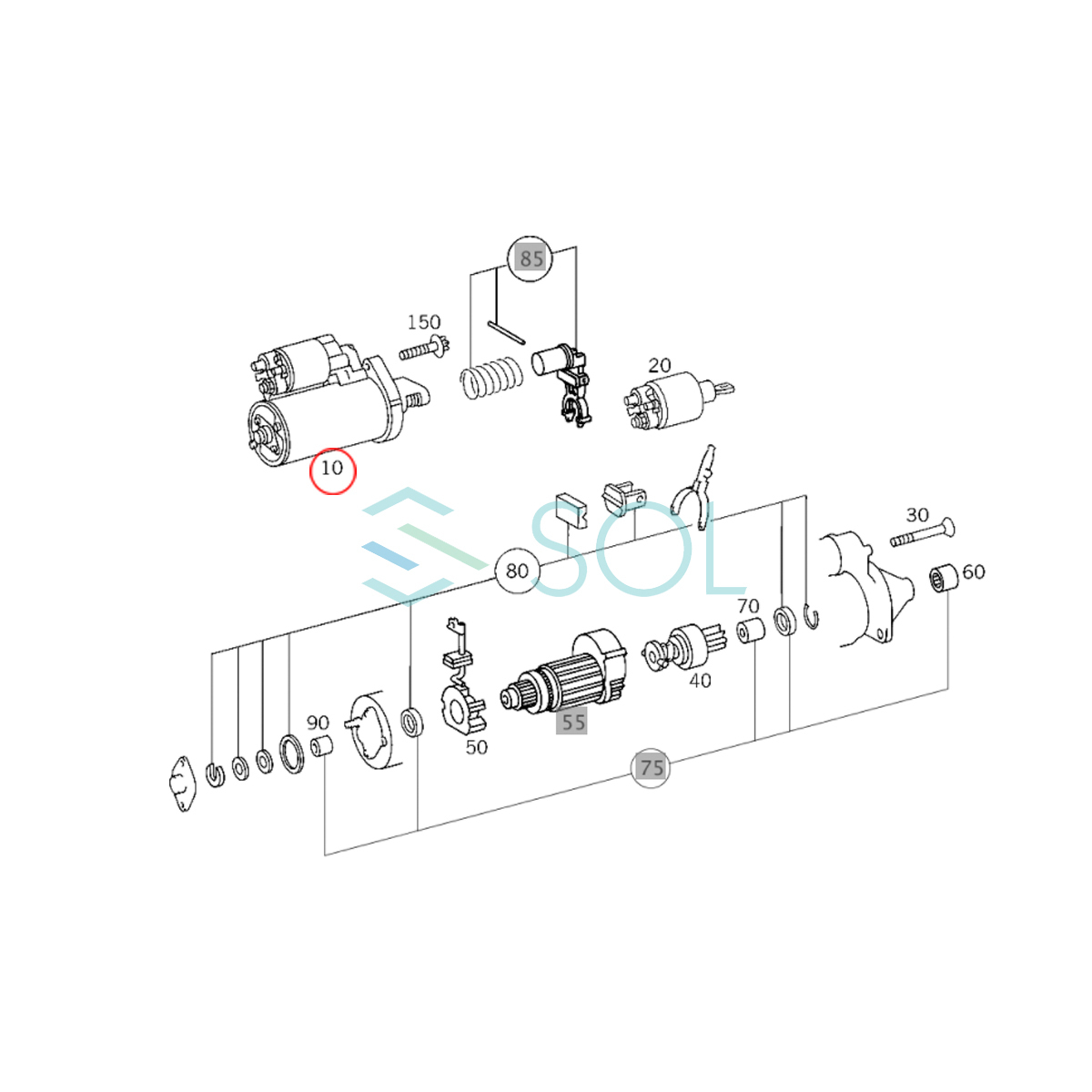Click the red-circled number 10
pyautogui.click(x=333, y=470)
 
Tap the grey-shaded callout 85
pyautogui.click(x=531, y=258)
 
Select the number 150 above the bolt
pyautogui.click(x=424, y=322)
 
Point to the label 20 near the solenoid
pyautogui.click(x=659, y=365)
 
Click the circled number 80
pyautogui.click(x=517, y=571)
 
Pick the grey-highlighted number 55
pyautogui.click(x=571, y=722)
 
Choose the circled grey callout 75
pyautogui.click(x=651, y=768)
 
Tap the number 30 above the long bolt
pyautogui.click(x=917, y=514)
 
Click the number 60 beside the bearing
pyautogui.click(x=974, y=571)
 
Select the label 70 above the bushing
pyautogui.click(x=748, y=606)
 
